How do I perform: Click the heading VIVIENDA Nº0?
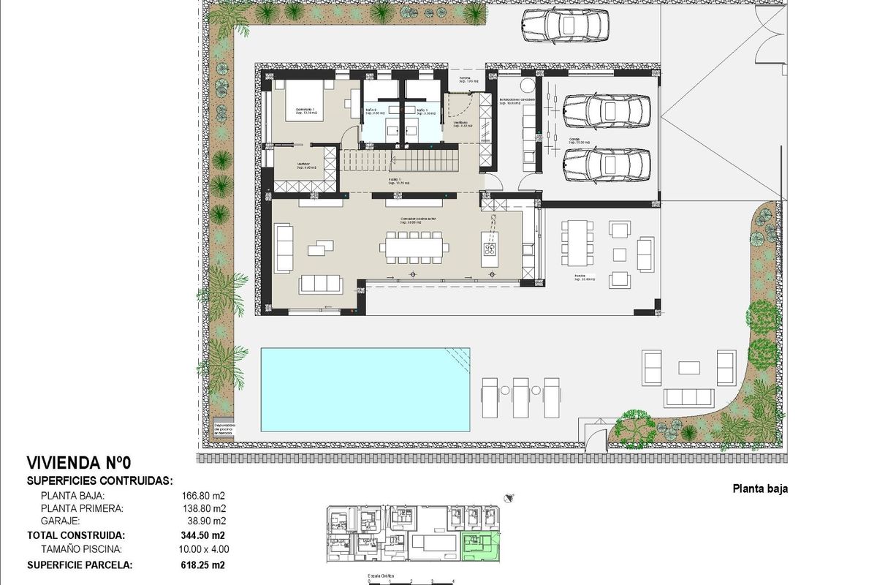tap(78, 463)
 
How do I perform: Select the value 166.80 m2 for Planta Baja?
tap(204, 495)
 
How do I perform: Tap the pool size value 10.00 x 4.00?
tap(204, 548)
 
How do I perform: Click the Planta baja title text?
tap(760, 489)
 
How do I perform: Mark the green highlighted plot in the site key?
tap(479, 546)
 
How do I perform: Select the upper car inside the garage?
tap(606, 111)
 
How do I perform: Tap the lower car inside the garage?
tap(606, 162)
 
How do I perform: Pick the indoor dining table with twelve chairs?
tap(414, 247)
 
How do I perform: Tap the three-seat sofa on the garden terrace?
tap(688, 397)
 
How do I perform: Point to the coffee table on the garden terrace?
tap(690, 367)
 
